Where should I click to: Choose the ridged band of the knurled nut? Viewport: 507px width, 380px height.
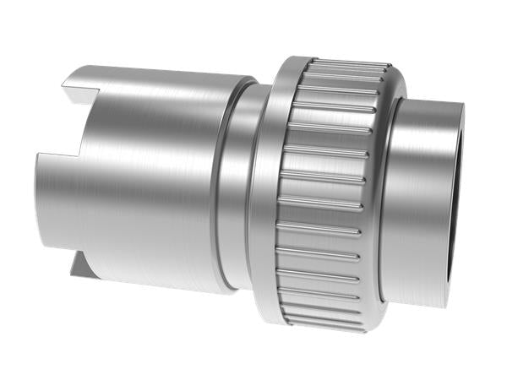coord(325,194)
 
